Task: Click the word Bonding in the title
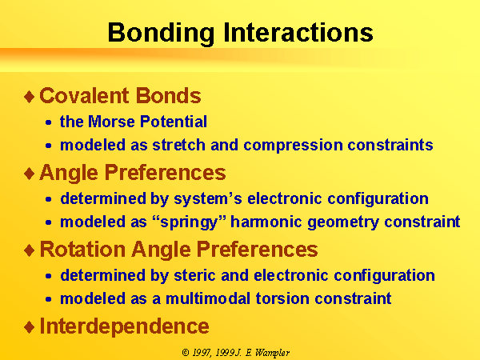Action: pyautogui.click(x=161, y=33)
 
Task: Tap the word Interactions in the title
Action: pyautogui.click(x=298, y=32)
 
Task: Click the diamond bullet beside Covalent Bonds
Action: pyautogui.click(x=30, y=97)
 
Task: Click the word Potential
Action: pyautogui.click(x=174, y=122)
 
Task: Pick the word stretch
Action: pyautogui.click(x=178, y=145)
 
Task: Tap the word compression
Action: pyautogui.click(x=293, y=146)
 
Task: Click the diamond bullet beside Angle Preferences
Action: pyautogui.click(x=30, y=174)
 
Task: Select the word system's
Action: pyautogui.click(x=208, y=199)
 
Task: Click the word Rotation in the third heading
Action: pyautogui.click(x=82, y=249)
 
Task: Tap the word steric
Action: pyautogui.click(x=194, y=275)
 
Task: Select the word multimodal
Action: pyautogui.click(x=208, y=298)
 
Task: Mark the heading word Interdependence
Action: pyautogui.click(x=124, y=326)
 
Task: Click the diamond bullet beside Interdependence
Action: pyautogui.click(x=30, y=327)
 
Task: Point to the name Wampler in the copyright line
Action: pyautogui.click(x=272, y=353)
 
